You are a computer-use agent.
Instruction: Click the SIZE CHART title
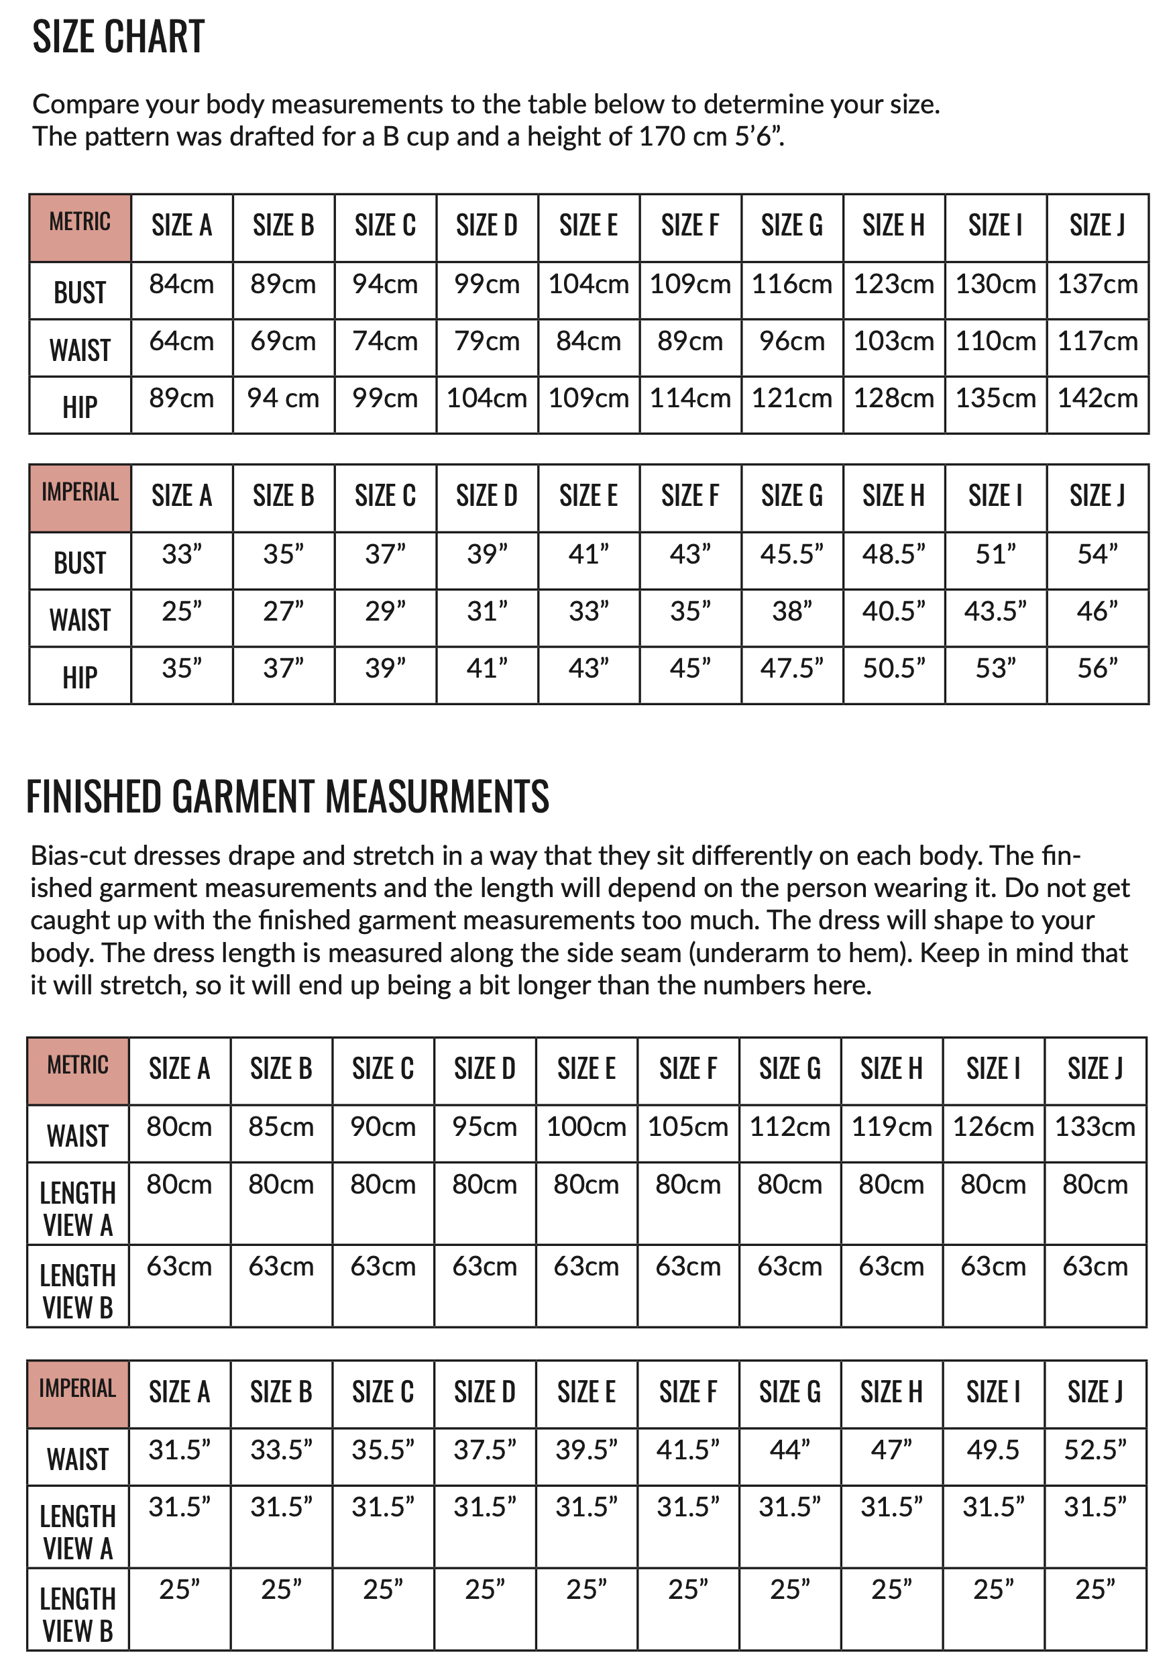click(x=118, y=37)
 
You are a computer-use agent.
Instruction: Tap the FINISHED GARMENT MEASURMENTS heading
click(x=288, y=796)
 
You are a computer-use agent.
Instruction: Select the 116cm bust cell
click(x=791, y=284)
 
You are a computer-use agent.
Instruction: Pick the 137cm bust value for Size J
click(x=1097, y=284)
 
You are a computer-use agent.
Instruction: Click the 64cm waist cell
click(x=182, y=342)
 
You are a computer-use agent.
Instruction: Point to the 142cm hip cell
click(x=1097, y=399)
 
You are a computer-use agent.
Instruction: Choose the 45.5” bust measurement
click(x=791, y=554)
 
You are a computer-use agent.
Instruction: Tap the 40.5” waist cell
click(x=893, y=612)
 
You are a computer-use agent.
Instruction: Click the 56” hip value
click(x=1097, y=669)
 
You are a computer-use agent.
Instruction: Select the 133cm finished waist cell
click(x=1095, y=1127)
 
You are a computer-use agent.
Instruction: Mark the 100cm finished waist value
click(x=586, y=1127)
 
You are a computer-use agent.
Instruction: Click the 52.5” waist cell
click(x=1095, y=1450)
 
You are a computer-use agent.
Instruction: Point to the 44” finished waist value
click(x=790, y=1450)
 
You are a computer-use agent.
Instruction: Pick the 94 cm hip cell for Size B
click(x=283, y=399)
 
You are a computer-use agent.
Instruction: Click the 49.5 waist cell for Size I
click(x=993, y=1450)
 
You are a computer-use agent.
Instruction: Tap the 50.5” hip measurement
click(x=893, y=669)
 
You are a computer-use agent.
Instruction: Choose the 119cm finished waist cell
click(x=892, y=1127)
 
